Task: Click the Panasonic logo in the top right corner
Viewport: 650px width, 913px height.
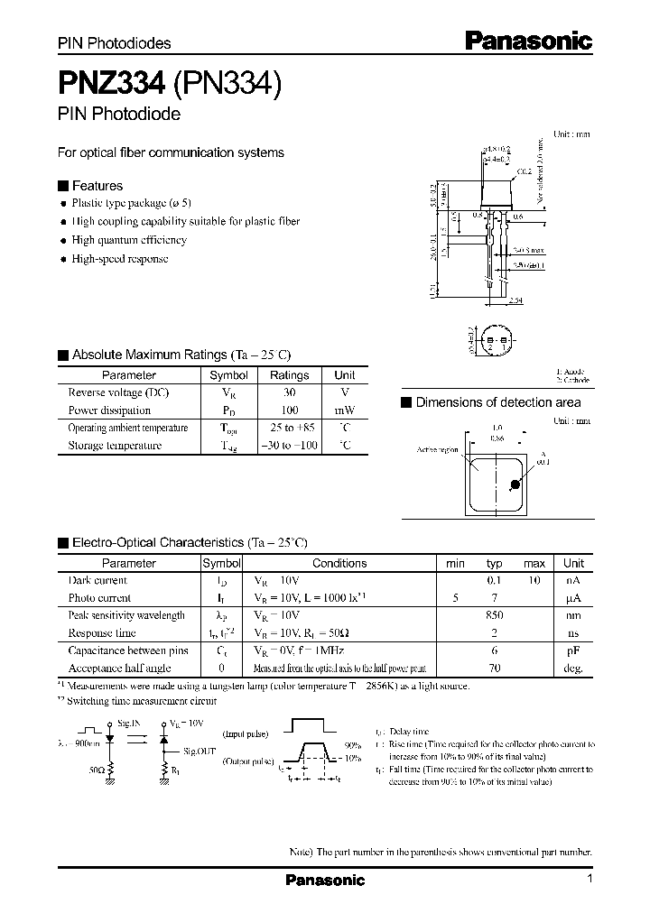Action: click(528, 40)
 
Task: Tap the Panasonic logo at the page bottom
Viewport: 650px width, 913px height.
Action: click(325, 880)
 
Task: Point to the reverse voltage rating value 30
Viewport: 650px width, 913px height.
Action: click(289, 392)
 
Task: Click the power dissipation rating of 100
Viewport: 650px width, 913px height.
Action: click(289, 410)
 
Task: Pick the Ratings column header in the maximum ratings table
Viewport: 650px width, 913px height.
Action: click(289, 375)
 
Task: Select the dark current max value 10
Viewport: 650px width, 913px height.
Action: click(534, 580)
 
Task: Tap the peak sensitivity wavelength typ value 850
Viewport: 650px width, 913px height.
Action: click(494, 615)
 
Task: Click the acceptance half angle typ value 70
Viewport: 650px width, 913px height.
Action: click(494, 669)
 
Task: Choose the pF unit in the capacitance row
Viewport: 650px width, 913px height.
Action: click(573, 650)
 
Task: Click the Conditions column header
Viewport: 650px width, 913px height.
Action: click(339, 563)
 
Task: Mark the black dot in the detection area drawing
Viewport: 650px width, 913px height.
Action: click(515, 484)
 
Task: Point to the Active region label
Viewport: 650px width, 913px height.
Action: click(440, 448)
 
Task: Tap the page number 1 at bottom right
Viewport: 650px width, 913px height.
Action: click(589, 880)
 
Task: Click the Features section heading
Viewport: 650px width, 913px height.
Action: click(97, 186)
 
